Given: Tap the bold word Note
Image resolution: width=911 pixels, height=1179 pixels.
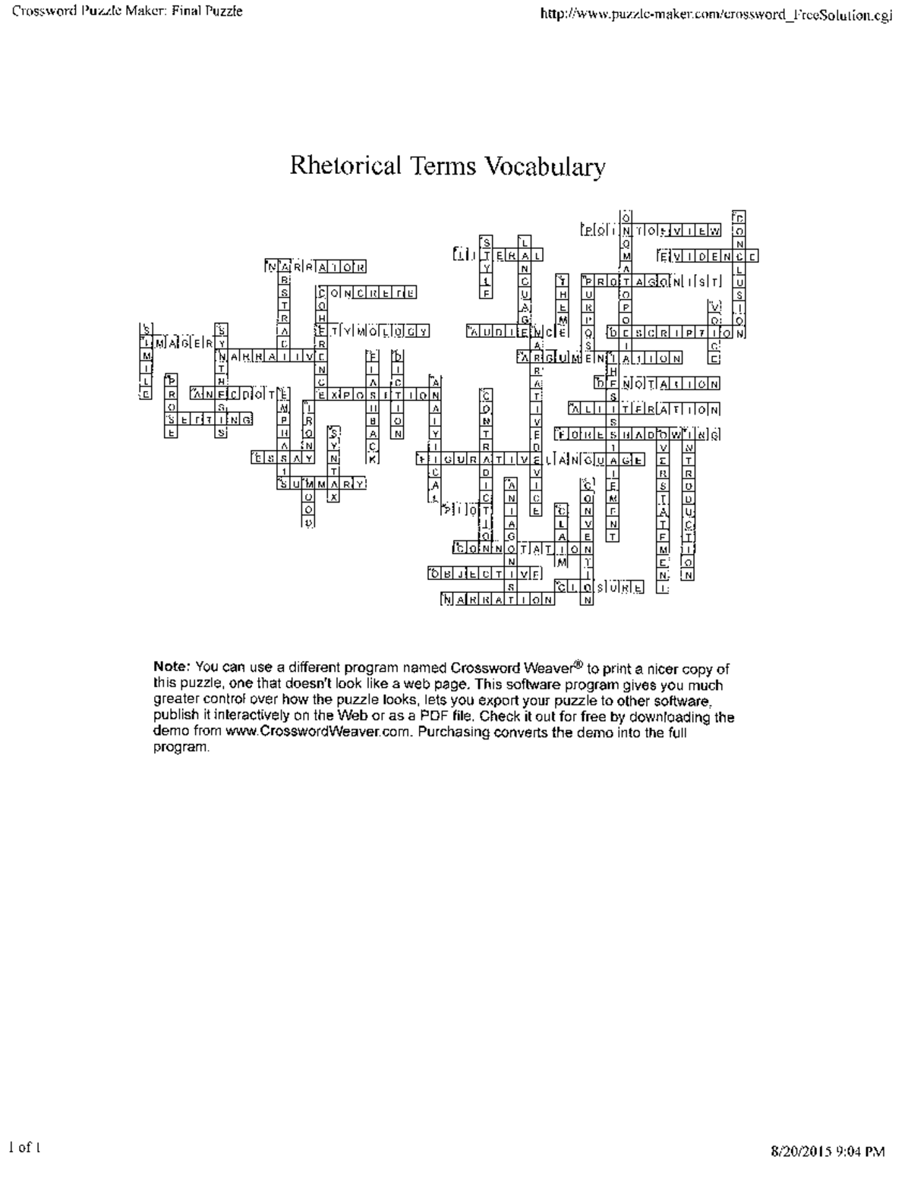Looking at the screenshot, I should pyautogui.click(x=171, y=667).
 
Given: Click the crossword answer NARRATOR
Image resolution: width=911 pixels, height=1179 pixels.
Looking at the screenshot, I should pyautogui.click(x=317, y=266).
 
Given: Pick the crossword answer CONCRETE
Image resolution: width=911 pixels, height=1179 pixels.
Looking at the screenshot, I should pyautogui.click(x=367, y=292).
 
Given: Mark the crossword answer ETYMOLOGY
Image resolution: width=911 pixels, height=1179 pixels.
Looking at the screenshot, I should pyautogui.click(x=373, y=331).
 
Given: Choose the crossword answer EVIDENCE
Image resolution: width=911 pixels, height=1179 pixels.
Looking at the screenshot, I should pyautogui.click(x=706, y=257).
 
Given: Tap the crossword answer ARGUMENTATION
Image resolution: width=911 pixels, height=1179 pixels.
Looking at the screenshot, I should pyautogui.click(x=600, y=358).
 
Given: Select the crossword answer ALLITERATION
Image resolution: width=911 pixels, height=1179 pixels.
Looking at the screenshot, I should pyautogui.click(x=644, y=410).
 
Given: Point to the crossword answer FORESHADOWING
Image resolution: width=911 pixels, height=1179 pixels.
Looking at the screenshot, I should pyautogui.click(x=637, y=435).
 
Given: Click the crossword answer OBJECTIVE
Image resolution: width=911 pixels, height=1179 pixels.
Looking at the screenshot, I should pyautogui.click(x=485, y=574).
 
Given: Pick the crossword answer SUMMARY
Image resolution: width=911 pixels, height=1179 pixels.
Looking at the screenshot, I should pyautogui.click(x=322, y=484).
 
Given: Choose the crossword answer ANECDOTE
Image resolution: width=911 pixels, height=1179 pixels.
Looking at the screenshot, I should pyautogui.click(x=240, y=394).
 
